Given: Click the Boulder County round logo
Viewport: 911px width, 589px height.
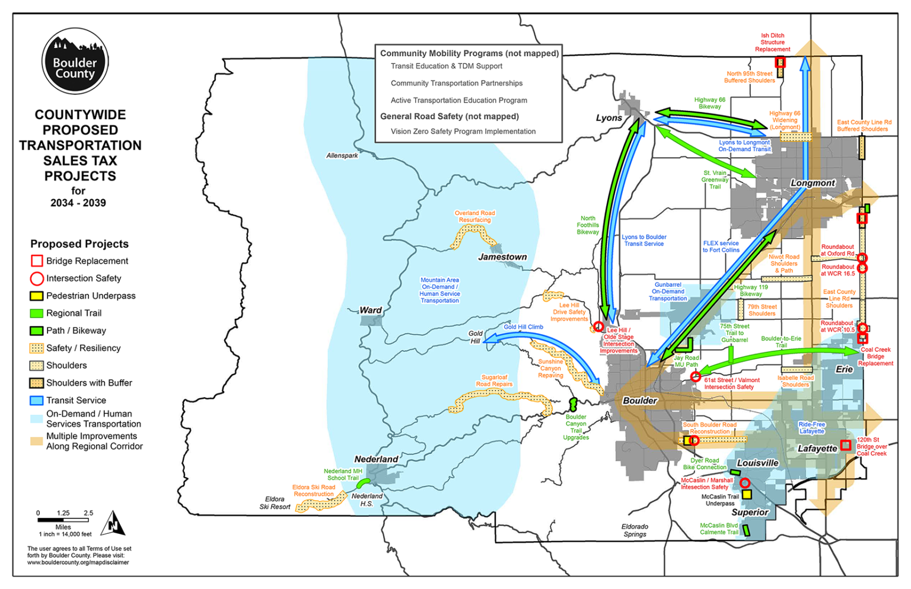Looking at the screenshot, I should [75, 62].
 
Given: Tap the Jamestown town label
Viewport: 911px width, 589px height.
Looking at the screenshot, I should [502, 257].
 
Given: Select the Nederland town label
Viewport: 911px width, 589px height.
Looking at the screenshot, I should [376, 459].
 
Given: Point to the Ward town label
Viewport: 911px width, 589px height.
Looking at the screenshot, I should [371, 310].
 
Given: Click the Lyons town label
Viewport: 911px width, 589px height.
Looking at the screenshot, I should [609, 118].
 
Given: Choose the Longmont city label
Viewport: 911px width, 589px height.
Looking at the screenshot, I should [813, 183].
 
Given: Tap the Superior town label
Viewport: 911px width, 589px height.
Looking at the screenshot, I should [750, 513].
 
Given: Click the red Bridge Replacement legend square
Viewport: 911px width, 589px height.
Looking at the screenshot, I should [37, 261].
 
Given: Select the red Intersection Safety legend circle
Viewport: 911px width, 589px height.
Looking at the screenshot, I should [37, 279].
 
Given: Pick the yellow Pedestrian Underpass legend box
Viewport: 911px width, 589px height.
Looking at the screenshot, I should [37, 296].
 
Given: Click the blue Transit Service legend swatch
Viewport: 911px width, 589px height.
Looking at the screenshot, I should [37, 401].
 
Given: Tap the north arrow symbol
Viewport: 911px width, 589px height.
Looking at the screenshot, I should [113, 524].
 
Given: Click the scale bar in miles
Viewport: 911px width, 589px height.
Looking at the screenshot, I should [63, 520].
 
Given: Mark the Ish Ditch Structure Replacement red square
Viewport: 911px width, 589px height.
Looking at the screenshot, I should [780, 62].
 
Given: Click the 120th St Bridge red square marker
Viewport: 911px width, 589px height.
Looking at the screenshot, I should [846, 445].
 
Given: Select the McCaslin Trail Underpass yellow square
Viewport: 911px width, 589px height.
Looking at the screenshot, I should [747, 494].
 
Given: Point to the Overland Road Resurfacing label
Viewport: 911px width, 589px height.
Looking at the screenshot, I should [474, 216].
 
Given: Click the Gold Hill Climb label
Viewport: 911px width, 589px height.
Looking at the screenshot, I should [523, 327].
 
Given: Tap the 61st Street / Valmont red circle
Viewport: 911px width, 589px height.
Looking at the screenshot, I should [696, 377].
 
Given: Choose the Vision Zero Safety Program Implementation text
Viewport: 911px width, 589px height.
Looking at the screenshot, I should [463, 132].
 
